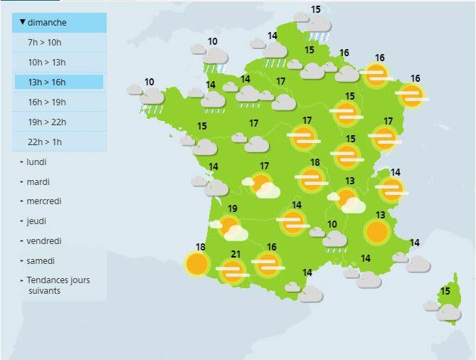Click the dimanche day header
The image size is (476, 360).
coord(59,23)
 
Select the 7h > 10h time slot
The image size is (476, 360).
coord(44,43)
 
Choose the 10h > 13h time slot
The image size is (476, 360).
coord(46,63)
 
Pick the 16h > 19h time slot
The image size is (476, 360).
coord(46,102)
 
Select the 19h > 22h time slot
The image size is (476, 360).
coord(46,122)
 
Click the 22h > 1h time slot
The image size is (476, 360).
coord(44,142)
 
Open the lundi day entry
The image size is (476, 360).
coord(36,162)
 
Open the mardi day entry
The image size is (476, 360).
coord(38,182)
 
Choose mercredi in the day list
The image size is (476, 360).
coord(44,201)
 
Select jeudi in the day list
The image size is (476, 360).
coord(36,221)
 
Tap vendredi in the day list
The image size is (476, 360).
coord(43,241)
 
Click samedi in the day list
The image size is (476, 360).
coord(41,261)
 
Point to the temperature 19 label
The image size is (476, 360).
coord(233,208)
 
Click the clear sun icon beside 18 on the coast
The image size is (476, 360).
coord(196,264)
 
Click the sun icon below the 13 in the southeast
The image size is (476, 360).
coord(376,231)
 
